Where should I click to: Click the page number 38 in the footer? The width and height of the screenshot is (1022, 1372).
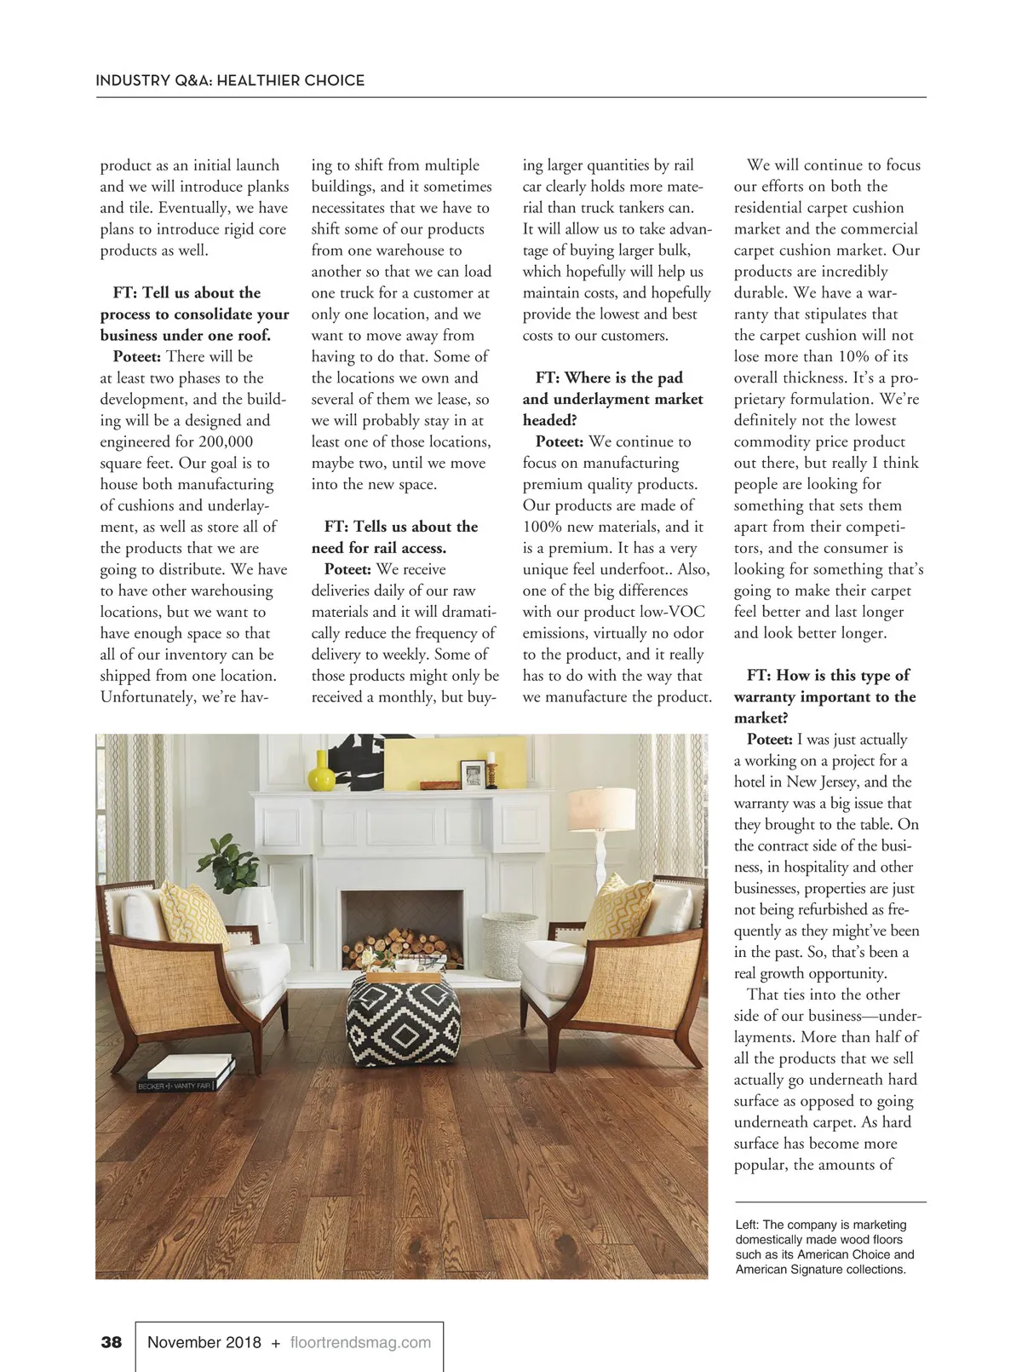pyautogui.click(x=112, y=1342)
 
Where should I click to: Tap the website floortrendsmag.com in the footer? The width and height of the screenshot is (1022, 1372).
pyautogui.click(x=360, y=1342)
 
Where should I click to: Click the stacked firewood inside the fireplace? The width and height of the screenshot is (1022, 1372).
pyautogui.click(x=401, y=947)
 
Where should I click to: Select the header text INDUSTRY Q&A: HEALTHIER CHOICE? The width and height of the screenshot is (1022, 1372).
pyautogui.click(x=230, y=80)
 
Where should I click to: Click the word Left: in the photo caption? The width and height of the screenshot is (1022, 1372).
pyautogui.click(x=747, y=1225)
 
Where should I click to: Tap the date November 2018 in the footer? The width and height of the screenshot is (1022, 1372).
pyautogui.click(x=204, y=1342)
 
